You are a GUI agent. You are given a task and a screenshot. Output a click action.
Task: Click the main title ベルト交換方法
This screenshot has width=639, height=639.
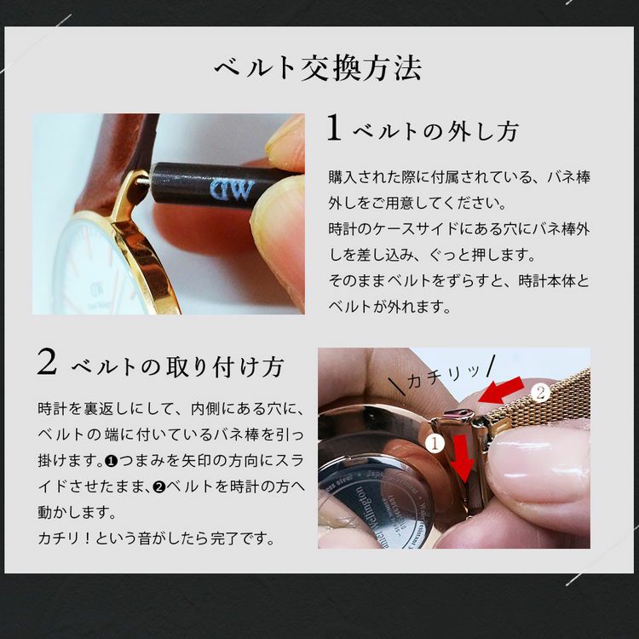(x=318, y=68)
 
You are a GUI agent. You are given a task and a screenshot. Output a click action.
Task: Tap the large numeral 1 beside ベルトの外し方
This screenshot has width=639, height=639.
(x=334, y=128)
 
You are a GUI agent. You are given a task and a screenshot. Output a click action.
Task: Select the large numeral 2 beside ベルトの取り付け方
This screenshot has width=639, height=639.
(x=47, y=362)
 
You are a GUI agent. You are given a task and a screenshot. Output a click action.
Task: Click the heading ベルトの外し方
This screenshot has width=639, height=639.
(x=435, y=131)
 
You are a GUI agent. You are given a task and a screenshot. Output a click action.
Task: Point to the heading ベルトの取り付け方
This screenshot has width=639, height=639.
(x=177, y=366)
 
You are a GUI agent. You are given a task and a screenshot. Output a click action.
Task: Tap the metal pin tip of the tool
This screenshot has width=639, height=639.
(x=142, y=180)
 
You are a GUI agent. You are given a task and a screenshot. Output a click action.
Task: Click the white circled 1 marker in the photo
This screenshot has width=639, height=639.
(x=435, y=443)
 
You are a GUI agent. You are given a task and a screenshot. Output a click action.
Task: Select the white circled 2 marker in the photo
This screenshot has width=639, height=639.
(x=540, y=394)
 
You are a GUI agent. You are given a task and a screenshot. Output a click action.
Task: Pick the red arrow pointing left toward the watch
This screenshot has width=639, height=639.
(x=502, y=390)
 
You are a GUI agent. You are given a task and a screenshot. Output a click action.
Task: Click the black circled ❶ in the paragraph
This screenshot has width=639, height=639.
(x=111, y=461)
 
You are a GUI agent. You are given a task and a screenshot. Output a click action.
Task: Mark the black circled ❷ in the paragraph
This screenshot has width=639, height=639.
(x=159, y=486)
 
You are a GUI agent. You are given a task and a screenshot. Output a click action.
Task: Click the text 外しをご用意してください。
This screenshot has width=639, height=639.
(x=417, y=203)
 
